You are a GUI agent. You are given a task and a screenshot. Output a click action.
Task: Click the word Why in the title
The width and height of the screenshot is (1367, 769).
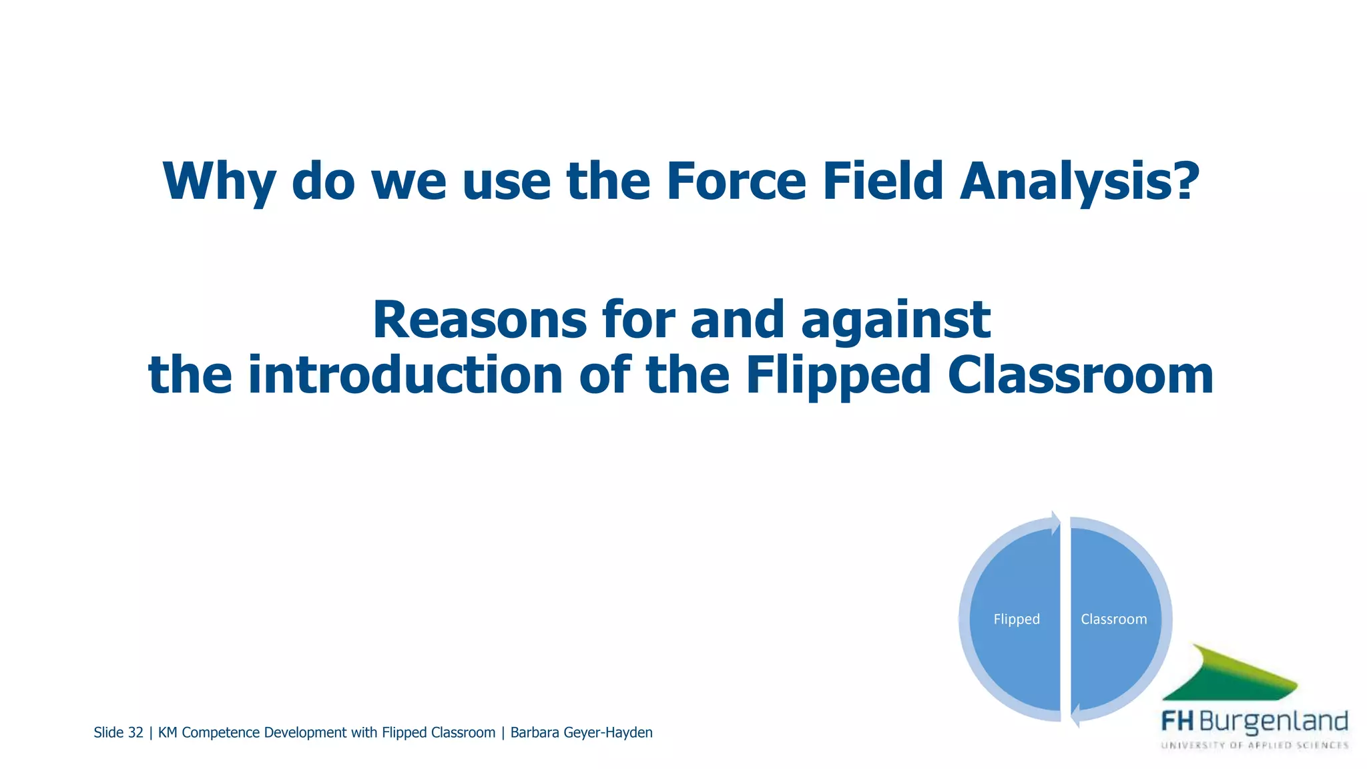219,182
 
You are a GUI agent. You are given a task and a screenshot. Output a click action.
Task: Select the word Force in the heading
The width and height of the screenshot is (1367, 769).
736,182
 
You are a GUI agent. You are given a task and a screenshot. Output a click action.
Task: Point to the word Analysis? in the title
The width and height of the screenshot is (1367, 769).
1079,182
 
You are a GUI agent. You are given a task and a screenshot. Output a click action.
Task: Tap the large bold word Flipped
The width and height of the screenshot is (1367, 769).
838,375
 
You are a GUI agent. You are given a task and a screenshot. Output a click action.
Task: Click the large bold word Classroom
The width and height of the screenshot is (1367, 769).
1080,375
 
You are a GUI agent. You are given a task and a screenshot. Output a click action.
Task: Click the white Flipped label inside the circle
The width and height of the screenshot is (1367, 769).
1017,619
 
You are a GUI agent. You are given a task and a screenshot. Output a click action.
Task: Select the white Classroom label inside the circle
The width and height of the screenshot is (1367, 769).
1113,619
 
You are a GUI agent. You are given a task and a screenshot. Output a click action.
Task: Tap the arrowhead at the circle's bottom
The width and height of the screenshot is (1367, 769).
1075,716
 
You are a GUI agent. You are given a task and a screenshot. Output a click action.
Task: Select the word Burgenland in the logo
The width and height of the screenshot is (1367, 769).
1274,722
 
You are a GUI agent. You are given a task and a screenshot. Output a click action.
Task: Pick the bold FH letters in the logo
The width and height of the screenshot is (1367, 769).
1177,722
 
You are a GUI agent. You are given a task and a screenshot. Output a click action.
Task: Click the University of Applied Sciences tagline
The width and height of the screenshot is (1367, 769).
1255,745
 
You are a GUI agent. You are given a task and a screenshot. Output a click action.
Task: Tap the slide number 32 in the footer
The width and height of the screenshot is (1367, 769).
135,733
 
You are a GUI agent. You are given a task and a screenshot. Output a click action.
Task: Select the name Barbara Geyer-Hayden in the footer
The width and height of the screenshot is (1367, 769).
581,733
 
